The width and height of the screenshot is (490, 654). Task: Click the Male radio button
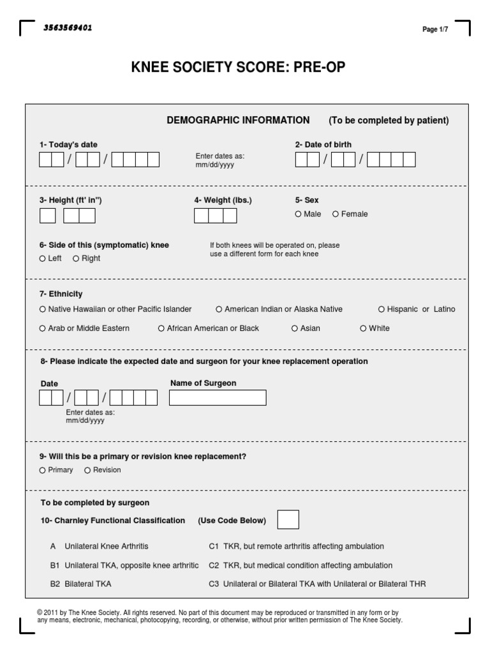(x=298, y=214)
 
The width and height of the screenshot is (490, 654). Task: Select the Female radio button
(x=336, y=214)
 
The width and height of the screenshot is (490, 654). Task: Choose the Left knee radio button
(x=43, y=259)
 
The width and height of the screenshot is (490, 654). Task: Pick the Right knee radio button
(x=76, y=259)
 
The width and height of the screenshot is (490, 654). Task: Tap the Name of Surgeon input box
(x=218, y=398)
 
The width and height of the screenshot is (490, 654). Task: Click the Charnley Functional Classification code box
(x=288, y=520)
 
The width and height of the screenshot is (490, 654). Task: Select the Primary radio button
(x=43, y=470)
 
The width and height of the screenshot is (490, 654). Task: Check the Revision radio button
(x=87, y=470)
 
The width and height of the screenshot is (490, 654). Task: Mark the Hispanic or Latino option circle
(x=382, y=309)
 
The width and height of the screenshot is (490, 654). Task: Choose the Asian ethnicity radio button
(x=295, y=328)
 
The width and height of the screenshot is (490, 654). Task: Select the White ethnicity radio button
(x=363, y=328)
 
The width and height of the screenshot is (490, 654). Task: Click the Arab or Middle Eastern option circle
(x=43, y=328)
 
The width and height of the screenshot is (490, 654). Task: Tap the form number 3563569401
(x=68, y=28)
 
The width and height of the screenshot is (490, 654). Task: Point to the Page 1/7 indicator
(x=435, y=29)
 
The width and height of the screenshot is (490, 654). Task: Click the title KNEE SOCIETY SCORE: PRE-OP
(x=238, y=68)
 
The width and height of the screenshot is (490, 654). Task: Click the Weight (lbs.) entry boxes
(x=215, y=216)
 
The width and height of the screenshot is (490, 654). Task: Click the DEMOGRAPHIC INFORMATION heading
(x=238, y=120)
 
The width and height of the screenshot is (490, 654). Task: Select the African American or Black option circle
(x=161, y=328)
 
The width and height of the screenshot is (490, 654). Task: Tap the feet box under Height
(x=48, y=216)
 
